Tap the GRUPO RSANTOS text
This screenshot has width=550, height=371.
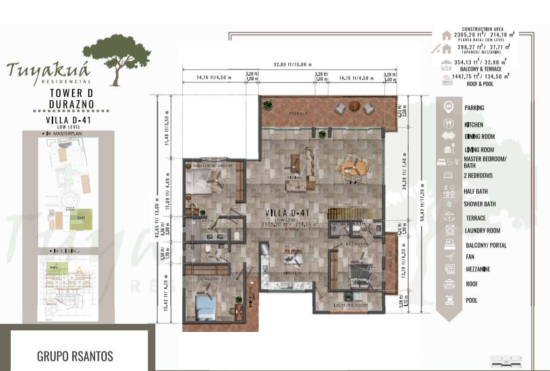(x=75, y=356)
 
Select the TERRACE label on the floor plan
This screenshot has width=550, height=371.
(x=298, y=114)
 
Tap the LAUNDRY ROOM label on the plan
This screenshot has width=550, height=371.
(x=350, y=305)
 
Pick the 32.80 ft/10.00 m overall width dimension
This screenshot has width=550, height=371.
(x=292, y=64)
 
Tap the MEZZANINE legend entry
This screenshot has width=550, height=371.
(x=478, y=269)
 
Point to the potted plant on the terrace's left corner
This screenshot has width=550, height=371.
(x=267, y=105)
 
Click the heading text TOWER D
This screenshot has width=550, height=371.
(x=71, y=93)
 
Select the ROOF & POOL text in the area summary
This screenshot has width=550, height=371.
(x=480, y=84)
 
